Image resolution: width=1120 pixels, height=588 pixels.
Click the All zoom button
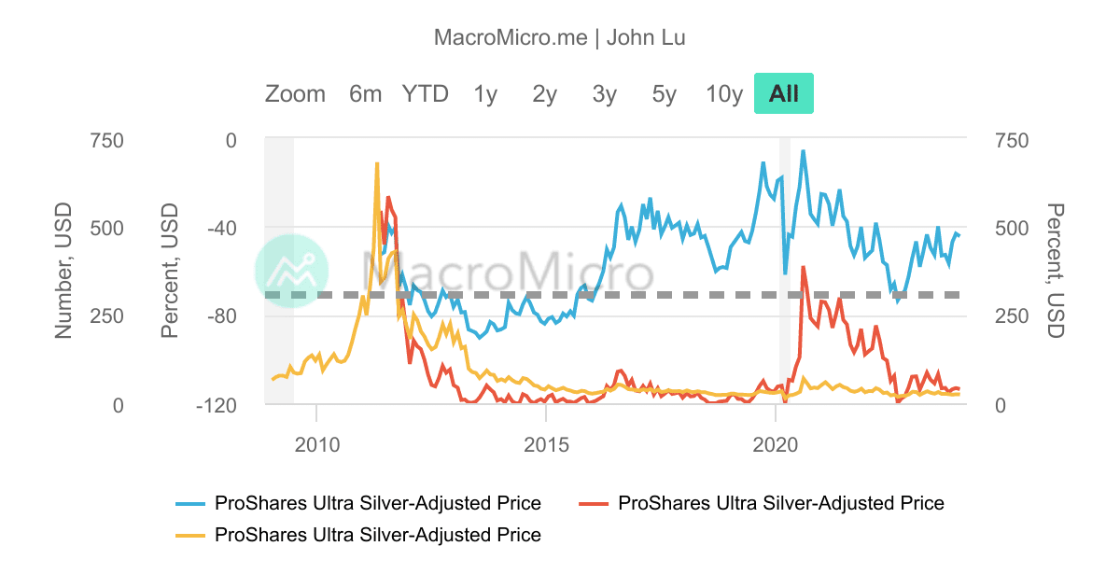pos(783,93)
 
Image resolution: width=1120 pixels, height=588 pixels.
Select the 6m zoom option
pos(365,93)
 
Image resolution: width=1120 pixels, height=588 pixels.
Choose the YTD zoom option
pos(426,93)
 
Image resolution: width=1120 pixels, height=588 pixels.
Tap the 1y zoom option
pos(484,93)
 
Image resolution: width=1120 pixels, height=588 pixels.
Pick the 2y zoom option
pos(544,93)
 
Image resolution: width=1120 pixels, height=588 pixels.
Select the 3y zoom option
pos(604,93)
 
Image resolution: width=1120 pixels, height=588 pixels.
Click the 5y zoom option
pos(664,93)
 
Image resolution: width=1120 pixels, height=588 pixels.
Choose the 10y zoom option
pos(724,93)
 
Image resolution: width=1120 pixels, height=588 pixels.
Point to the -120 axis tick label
pos(215,405)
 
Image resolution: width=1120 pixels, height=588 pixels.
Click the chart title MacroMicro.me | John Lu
pos(560,37)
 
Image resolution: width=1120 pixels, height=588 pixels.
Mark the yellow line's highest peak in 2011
pos(377,163)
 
